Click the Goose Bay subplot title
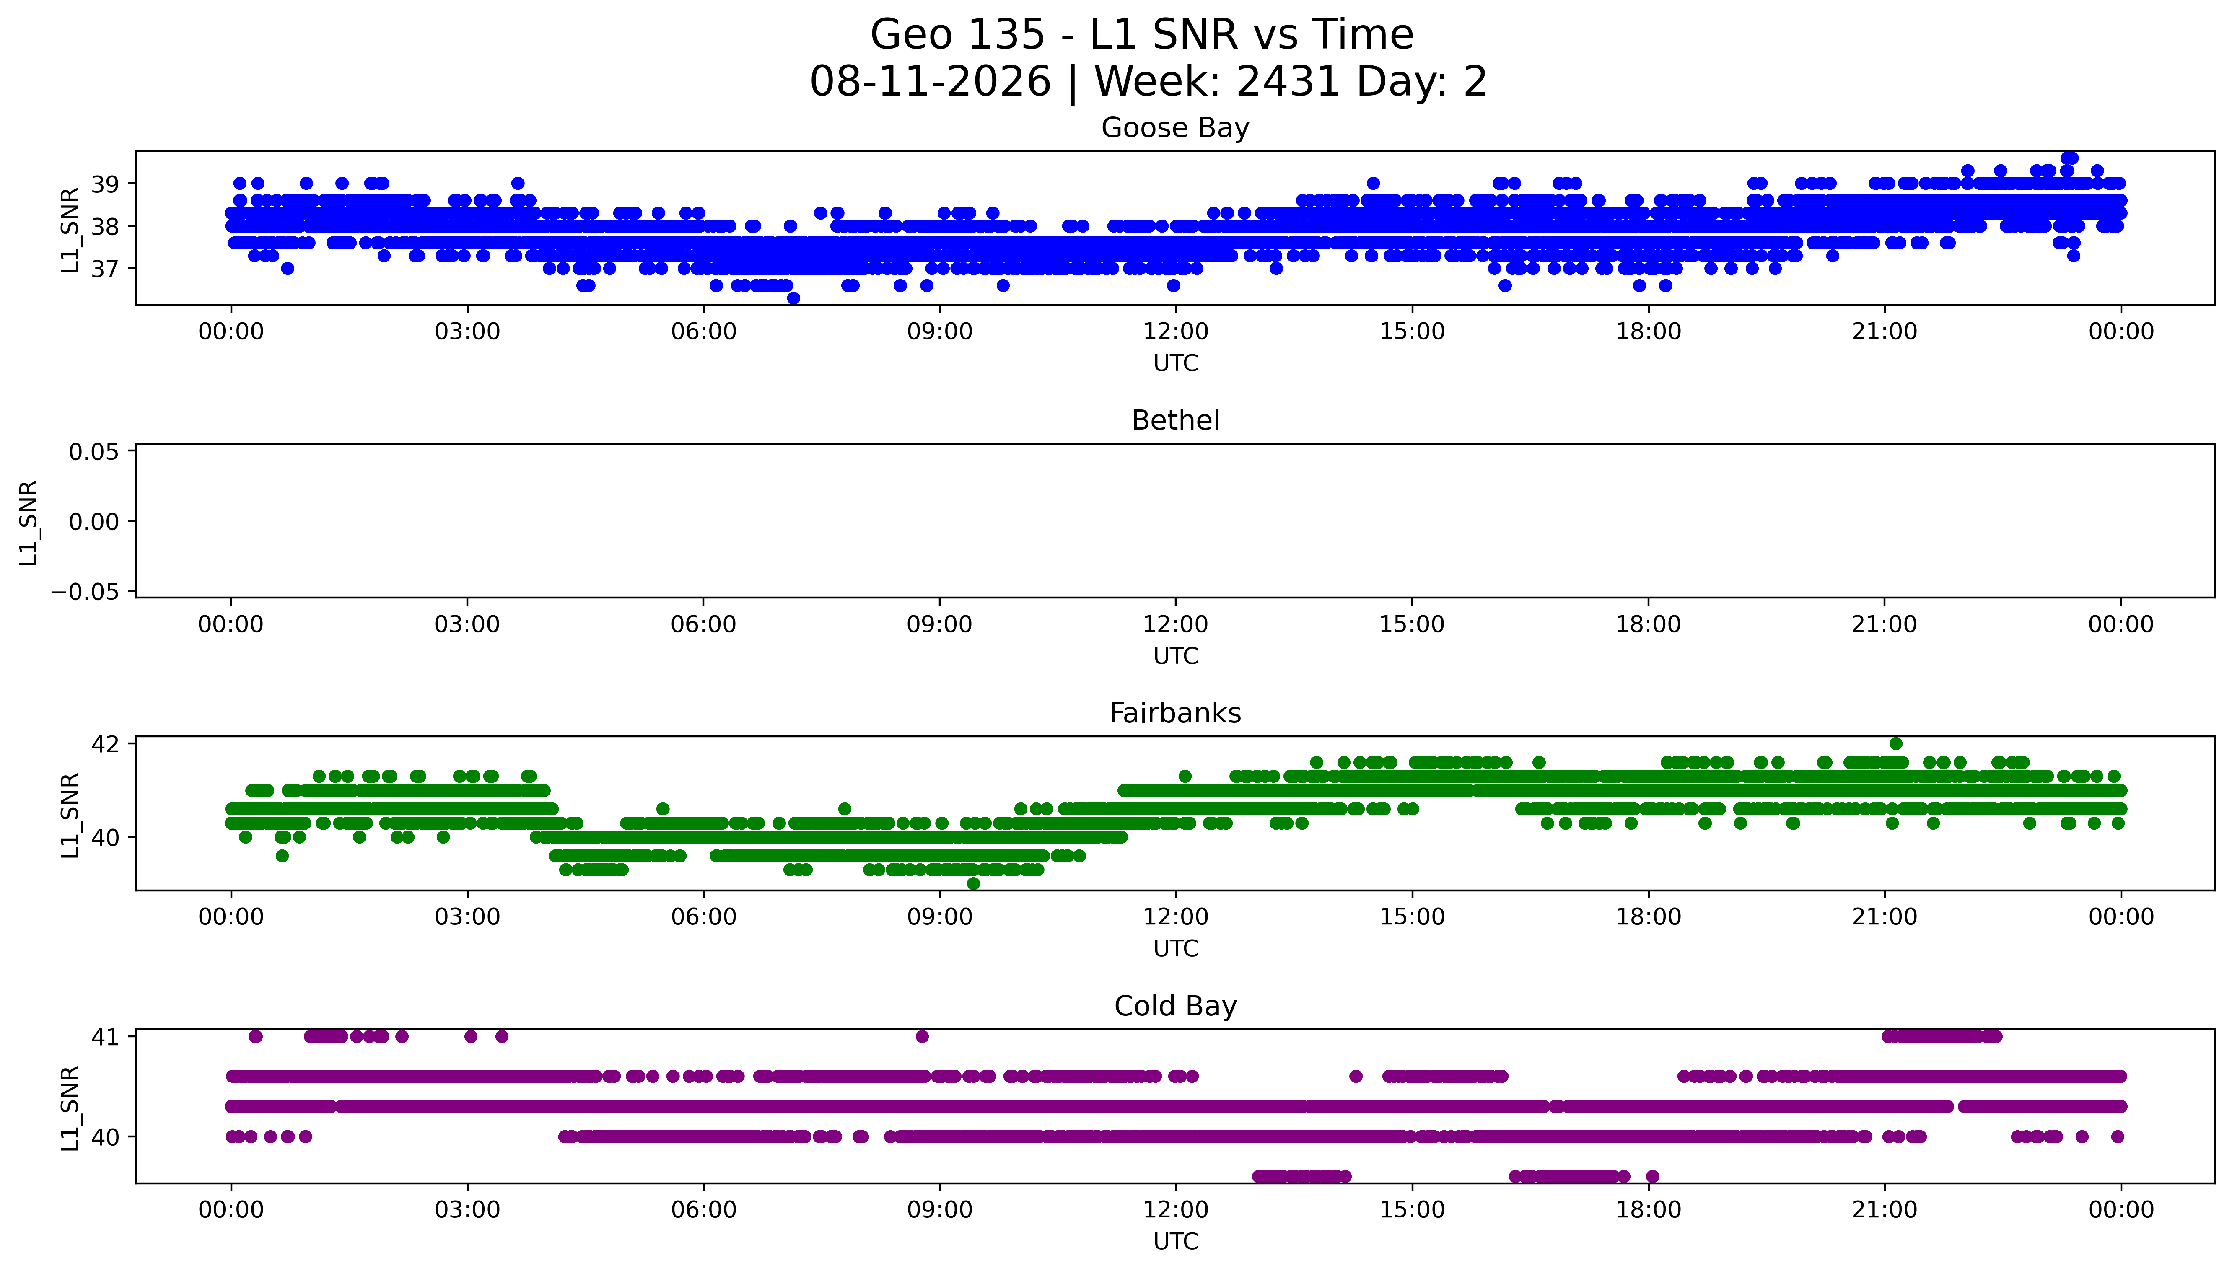[1175, 128]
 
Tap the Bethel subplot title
[1175, 421]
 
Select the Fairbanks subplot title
[1175, 713]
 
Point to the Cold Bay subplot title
[1175, 1007]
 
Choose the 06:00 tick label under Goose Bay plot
[704, 332]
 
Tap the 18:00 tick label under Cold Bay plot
[1648, 1210]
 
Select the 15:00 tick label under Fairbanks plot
[1411, 917]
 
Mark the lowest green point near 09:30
[973, 883]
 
